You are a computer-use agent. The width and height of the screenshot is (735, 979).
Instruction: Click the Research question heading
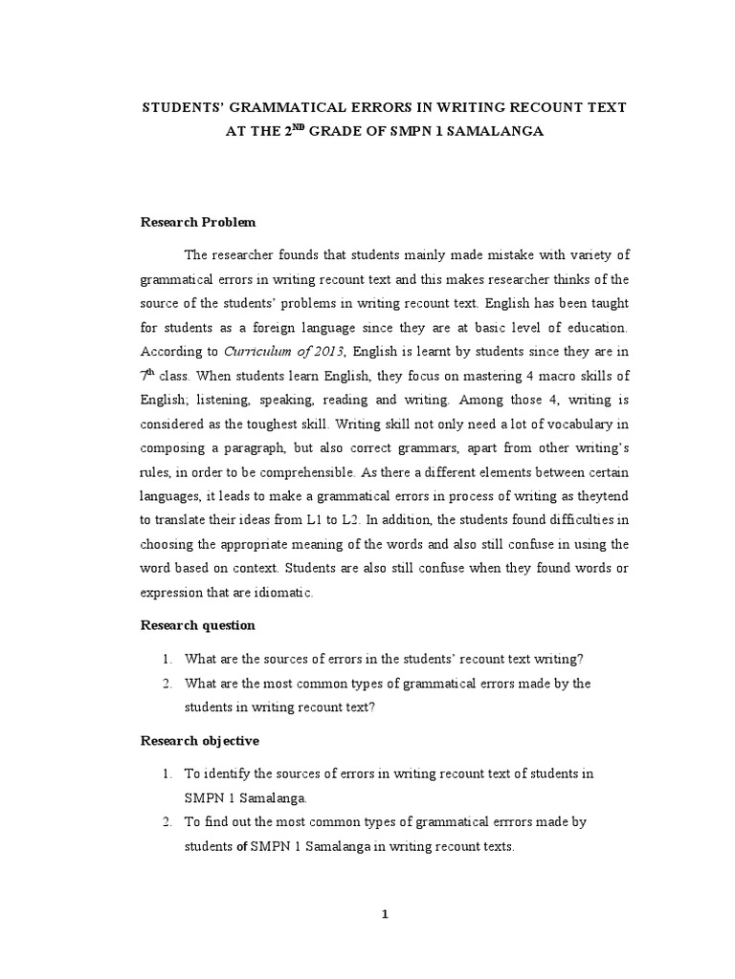coord(197,624)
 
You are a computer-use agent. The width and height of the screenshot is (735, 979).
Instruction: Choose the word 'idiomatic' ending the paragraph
coord(281,593)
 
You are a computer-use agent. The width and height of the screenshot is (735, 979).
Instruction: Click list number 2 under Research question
coord(166,683)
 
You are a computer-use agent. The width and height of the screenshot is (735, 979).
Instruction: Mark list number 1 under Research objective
coord(166,772)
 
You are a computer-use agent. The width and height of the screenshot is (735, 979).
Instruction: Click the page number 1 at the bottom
coord(384,914)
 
